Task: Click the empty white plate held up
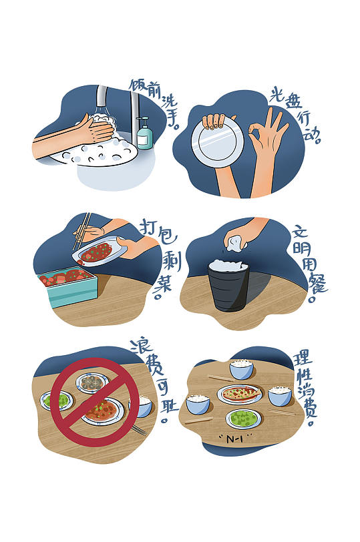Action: (x=217, y=142)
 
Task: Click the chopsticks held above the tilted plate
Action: (x=81, y=230)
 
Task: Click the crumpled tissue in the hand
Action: (x=234, y=242)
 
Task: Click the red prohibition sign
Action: (x=95, y=402)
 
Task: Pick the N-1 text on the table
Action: (x=235, y=439)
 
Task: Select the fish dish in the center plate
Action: (x=240, y=393)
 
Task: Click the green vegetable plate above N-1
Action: (x=243, y=419)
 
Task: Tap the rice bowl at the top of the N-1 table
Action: (x=241, y=369)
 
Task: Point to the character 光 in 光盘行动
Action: (x=278, y=94)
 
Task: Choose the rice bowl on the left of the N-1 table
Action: (x=198, y=404)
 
